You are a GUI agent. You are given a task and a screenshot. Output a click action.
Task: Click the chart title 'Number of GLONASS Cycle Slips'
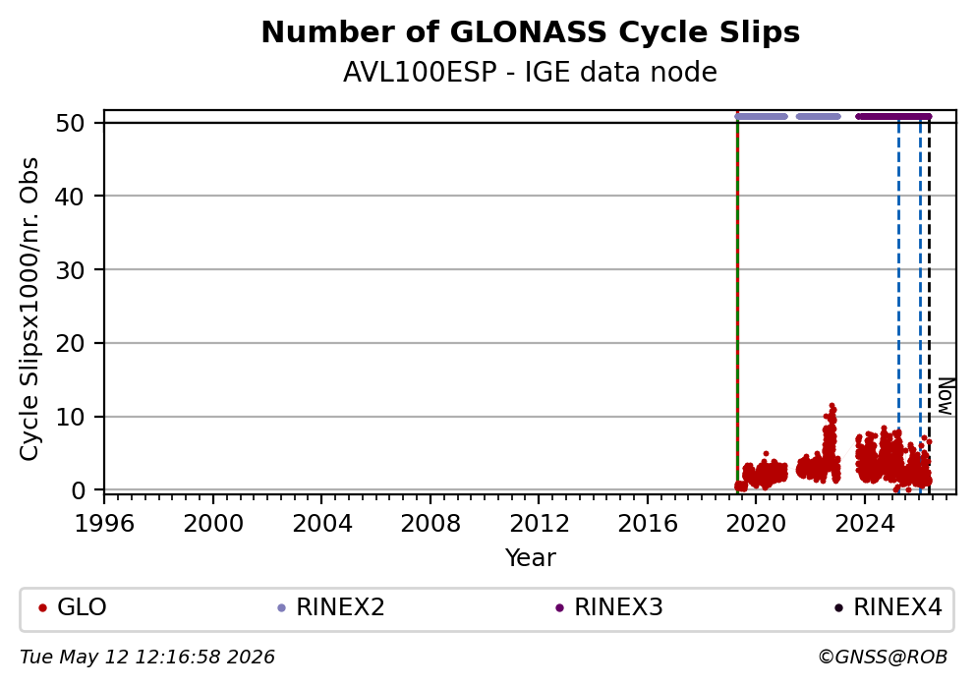click(x=531, y=32)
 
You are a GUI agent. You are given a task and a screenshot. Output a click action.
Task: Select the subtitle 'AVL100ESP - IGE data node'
click(x=531, y=72)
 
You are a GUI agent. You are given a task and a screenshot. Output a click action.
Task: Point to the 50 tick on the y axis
click(x=70, y=123)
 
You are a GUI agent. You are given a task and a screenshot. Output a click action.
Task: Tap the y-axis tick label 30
click(x=70, y=270)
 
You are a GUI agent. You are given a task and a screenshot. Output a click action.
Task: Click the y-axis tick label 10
click(x=70, y=417)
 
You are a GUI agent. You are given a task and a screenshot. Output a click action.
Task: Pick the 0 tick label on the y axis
click(x=79, y=490)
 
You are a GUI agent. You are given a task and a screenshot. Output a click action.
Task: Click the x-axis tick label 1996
click(x=104, y=524)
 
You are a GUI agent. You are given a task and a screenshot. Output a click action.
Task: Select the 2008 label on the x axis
click(x=430, y=524)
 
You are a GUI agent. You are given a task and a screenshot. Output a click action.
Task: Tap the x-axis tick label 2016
click(x=648, y=524)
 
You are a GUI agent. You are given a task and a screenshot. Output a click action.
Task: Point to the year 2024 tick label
click(x=865, y=524)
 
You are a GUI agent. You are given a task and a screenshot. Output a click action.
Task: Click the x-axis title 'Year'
click(x=531, y=557)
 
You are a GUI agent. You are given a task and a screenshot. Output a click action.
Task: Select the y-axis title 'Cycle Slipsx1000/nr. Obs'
click(x=29, y=309)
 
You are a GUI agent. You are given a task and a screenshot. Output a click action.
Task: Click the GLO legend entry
click(x=73, y=607)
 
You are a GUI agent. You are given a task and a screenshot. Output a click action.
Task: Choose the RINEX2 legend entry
click(x=331, y=607)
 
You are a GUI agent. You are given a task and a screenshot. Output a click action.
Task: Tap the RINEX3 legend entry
click(x=609, y=607)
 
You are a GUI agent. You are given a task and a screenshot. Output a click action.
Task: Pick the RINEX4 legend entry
click(x=889, y=607)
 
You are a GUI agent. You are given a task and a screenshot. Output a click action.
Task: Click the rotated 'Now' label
click(x=946, y=397)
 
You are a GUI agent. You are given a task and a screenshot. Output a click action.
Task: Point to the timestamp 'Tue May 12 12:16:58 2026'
click(x=147, y=658)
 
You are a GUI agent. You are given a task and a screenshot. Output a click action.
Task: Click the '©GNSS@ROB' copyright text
click(x=883, y=658)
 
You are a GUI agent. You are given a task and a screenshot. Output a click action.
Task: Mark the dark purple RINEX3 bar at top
click(x=893, y=117)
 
